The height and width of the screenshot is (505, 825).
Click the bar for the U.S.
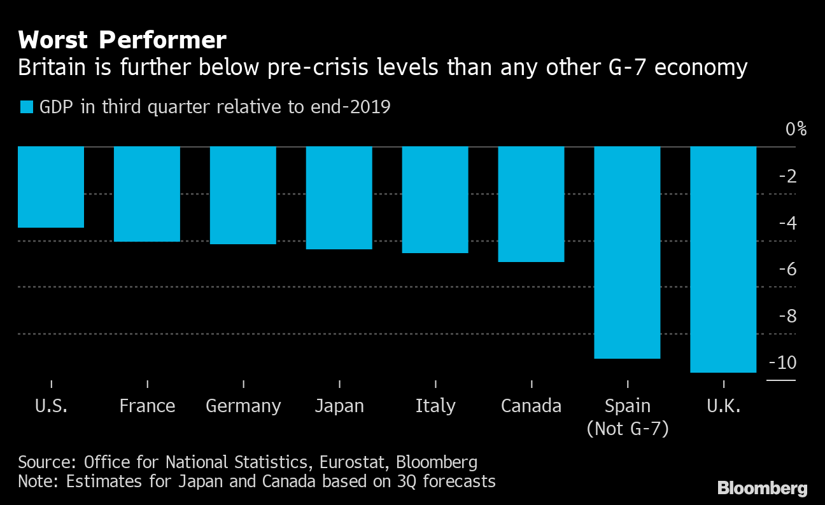click(51, 187)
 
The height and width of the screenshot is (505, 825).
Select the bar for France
click(147, 194)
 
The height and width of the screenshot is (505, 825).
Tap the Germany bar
click(243, 195)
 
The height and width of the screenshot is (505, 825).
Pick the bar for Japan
click(339, 198)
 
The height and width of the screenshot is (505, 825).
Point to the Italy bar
click(435, 200)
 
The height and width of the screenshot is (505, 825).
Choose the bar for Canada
click(532, 204)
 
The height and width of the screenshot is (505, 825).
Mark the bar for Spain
click(628, 253)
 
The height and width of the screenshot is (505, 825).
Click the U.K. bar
click(724, 259)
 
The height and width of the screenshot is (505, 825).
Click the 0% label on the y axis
click(796, 130)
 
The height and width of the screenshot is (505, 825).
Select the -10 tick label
click(783, 363)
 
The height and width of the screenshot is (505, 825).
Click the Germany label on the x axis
click(243, 406)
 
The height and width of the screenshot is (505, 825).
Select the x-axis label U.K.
click(724, 406)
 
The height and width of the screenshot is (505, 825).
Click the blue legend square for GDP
click(26, 107)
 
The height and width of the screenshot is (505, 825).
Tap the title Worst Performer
click(122, 41)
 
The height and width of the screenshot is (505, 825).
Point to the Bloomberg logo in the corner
click(763, 488)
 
